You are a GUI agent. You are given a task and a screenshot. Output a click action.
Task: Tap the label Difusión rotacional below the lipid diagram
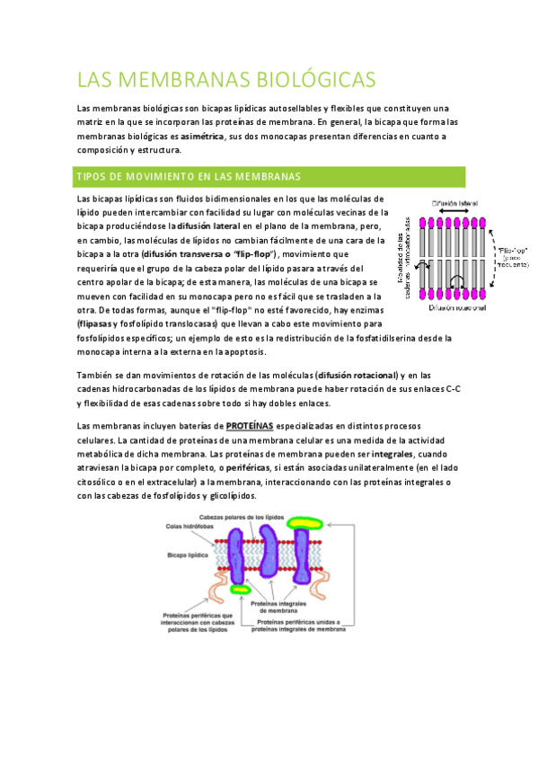458,307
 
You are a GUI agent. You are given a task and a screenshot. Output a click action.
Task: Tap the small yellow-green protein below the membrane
240,590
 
